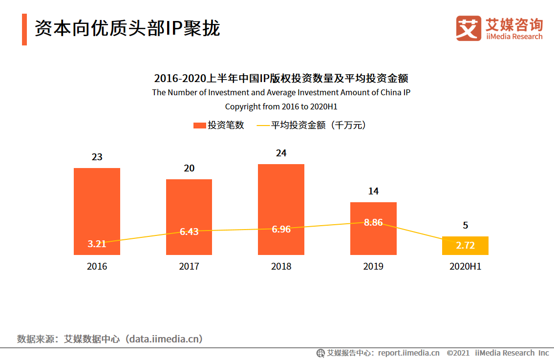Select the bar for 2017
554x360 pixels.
click(x=189, y=205)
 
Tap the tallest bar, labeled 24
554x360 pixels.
click(x=281, y=195)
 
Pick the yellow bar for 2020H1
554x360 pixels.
click(x=465, y=239)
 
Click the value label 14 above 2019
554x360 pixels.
click(x=373, y=191)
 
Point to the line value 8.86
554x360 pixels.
click(x=373, y=223)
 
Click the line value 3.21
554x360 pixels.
click(x=97, y=244)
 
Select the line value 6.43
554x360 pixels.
click(x=189, y=232)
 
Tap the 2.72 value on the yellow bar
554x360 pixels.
click(x=465, y=246)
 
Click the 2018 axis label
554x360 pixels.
click(x=281, y=267)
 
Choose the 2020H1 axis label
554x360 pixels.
click(x=465, y=267)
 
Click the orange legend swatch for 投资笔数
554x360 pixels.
click(x=199, y=126)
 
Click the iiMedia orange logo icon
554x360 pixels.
click(x=469, y=28)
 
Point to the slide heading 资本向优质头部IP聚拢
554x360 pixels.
click(x=127, y=28)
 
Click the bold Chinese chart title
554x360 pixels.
click(x=281, y=78)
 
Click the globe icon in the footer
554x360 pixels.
click(x=320, y=353)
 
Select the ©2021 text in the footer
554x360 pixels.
click(x=458, y=353)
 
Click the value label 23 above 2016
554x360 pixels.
click(x=97, y=157)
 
